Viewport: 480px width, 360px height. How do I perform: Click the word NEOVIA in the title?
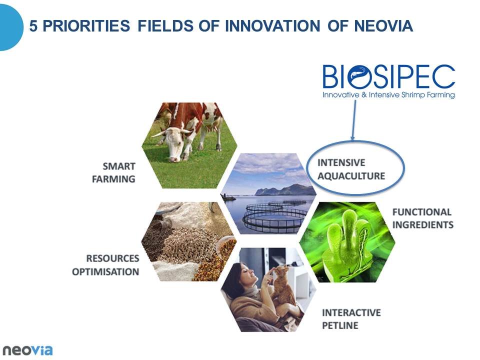tap(383, 25)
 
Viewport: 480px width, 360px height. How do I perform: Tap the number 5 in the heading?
tap(33, 25)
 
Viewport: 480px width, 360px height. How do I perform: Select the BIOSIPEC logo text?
tap(389, 76)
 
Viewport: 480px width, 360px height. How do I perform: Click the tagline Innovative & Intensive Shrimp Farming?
tap(388, 95)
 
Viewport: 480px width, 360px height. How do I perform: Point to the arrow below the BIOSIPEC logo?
tap(354, 120)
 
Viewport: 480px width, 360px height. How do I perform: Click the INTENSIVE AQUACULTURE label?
tap(351, 169)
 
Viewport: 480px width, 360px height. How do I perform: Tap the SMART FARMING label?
tap(113, 172)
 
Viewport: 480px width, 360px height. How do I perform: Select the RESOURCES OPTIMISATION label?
tap(105, 265)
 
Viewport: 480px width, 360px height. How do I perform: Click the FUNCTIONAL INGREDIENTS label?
tap(423, 218)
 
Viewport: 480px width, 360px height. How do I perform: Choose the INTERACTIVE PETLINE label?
tap(351, 318)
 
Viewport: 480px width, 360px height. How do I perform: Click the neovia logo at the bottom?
tap(27, 350)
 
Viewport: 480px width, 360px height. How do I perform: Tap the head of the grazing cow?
tap(172, 144)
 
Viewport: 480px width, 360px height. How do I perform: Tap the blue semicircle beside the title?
tap(11, 27)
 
